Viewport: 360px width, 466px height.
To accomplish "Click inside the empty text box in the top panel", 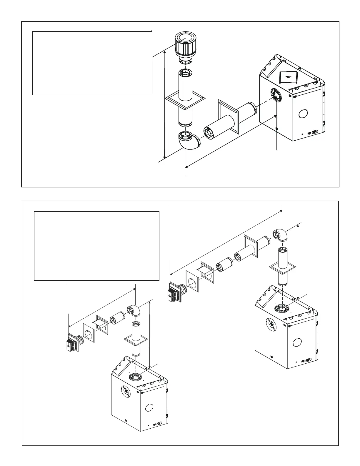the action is coord(92,63).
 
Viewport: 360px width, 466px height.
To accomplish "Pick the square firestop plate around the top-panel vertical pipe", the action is coord(185,101).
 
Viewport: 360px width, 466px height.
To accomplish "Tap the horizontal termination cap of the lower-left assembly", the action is coord(72,342).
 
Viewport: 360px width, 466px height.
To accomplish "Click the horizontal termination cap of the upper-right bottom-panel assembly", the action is coord(174,292).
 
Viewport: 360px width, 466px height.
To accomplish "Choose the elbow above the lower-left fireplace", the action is coord(134,311).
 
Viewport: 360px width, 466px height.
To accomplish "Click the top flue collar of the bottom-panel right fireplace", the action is coord(282,309).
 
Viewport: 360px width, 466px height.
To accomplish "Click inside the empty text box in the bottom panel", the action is coord(96,246).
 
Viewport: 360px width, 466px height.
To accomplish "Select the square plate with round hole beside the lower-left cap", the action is coord(89,334).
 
